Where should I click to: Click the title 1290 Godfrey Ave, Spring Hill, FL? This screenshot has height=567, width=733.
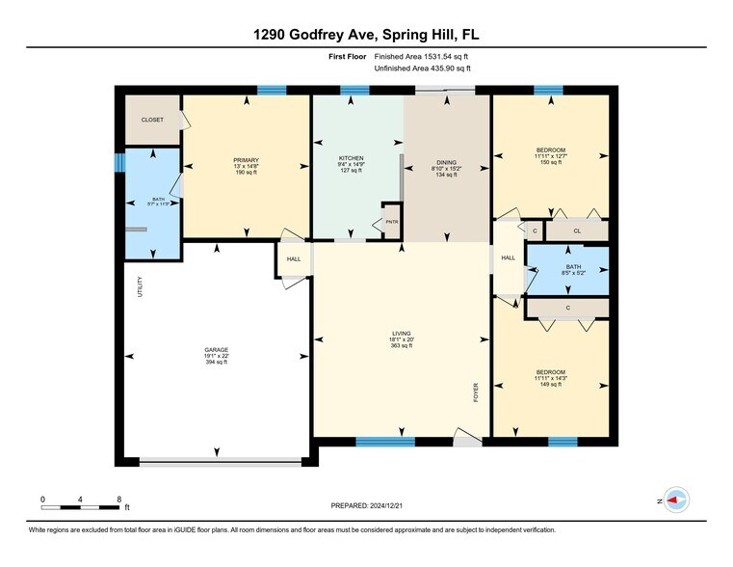coord(366,34)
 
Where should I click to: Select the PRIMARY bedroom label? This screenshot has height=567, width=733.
coord(246,160)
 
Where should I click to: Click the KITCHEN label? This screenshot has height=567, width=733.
coord(351,157)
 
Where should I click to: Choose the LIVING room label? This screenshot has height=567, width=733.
coord(401,334)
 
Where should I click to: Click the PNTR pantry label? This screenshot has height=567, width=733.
coord(391,222)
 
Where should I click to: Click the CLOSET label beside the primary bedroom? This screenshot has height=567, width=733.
coord(152,120)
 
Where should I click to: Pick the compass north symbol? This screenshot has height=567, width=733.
coord(677,499)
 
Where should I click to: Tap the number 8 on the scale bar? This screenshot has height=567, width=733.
coord(118,499)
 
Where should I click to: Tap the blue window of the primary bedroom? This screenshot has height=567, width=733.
coord(272,91)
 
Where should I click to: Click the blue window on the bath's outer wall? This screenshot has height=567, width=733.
coord(119,162)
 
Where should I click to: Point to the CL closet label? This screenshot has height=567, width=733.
coord(576,231)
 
